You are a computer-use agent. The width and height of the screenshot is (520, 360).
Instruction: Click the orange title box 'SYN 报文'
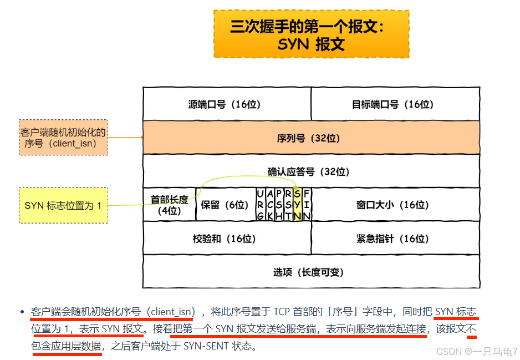311,34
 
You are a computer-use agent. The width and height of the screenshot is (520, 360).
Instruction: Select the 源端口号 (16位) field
227,104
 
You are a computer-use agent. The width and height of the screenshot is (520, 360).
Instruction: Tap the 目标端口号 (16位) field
395,104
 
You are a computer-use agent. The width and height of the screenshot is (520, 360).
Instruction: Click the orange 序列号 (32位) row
311,138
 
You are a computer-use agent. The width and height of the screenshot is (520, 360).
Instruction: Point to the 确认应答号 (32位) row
311,171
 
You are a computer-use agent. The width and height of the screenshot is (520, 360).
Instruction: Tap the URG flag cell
260,205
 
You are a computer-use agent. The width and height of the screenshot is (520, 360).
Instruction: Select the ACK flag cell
269,205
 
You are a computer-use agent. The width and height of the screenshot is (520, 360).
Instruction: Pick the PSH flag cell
279,205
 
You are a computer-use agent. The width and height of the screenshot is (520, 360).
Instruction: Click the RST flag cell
288,205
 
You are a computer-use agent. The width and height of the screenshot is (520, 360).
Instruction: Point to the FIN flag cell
307,205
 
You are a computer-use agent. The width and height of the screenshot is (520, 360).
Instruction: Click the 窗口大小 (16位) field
395,205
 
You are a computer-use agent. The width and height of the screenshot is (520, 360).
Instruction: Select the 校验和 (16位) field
227,239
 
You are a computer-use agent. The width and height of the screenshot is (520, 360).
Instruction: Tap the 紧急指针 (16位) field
395,239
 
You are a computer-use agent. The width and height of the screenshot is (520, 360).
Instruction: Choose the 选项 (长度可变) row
311,272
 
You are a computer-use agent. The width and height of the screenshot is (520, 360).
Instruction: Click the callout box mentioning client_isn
63,138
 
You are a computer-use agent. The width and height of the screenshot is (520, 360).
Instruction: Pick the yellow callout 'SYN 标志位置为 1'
63,206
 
